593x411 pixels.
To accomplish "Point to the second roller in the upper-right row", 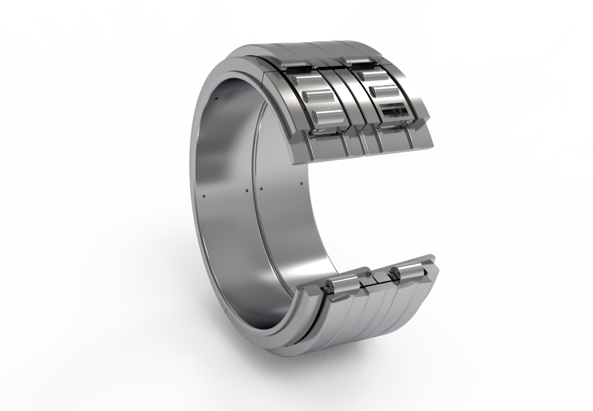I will click(383, 91).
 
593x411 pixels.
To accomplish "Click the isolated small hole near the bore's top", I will click(215, 99).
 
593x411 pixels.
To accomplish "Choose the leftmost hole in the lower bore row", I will click(204, 195).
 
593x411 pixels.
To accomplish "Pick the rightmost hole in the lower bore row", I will click(301, 184).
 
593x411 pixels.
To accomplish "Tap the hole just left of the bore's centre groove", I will click(246, 190).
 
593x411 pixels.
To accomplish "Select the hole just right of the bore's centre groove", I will click(261, 189).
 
